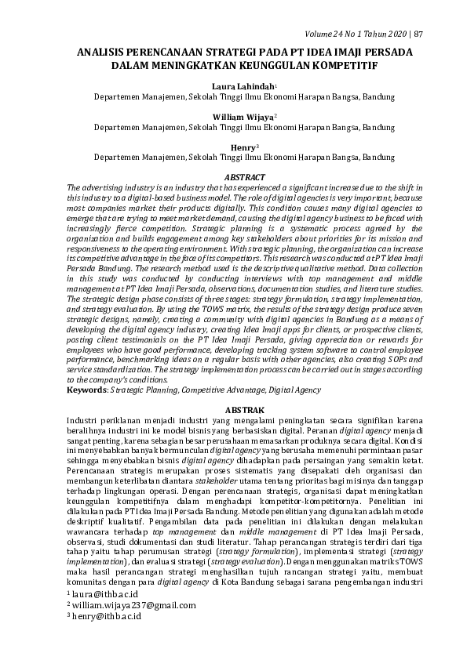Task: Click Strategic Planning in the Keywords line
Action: point(141,389)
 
